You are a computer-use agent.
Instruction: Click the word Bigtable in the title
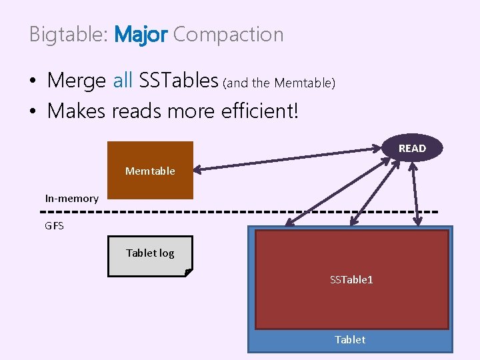point(67,35)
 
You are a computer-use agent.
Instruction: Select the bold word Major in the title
point(141,35)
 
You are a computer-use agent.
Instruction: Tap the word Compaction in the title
point(228,35)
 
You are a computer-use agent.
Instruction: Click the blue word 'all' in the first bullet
point(123,81)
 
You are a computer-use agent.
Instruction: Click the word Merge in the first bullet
point(77,81)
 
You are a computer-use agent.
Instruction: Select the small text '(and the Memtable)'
point(279,83)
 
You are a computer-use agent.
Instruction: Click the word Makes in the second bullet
point(77,111)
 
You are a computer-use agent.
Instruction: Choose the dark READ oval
point(412,148)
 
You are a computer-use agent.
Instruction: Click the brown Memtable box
point(150,171)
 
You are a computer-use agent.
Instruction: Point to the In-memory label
point(71,198)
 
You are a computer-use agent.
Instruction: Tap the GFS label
point(55,226)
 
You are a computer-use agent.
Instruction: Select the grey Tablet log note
point(150,253)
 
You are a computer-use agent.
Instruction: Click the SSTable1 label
point(351,279)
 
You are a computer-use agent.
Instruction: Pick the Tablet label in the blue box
point(350,339)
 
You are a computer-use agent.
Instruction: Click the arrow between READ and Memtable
point(287,160)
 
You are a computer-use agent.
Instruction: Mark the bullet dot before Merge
point(33,82)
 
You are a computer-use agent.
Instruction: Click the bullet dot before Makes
point(33,111)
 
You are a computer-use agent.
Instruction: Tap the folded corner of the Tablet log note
point(189,273)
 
